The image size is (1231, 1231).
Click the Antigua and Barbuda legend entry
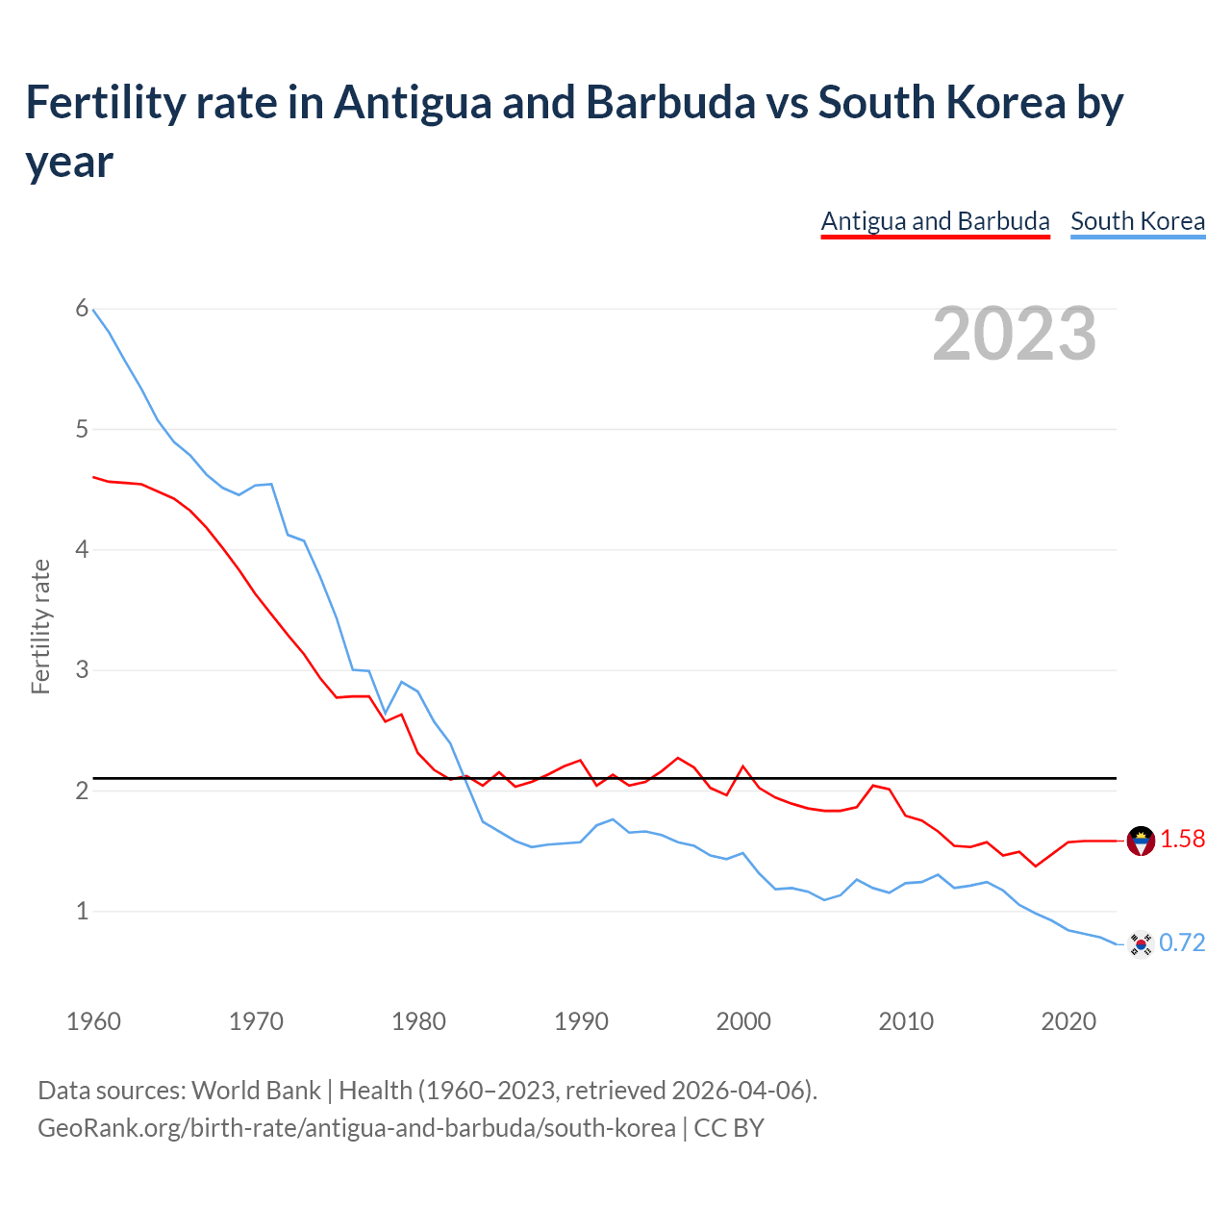[935, 221]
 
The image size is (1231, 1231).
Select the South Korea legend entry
[1138, 221]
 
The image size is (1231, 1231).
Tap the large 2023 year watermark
[1015, 334]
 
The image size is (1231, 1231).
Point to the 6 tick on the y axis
[82, 308]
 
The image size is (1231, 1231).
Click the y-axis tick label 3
[82, 669]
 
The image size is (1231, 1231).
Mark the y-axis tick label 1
[82, 911]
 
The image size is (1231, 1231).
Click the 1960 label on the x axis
[93, 1021]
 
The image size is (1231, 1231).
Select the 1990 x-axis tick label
[581, 1021]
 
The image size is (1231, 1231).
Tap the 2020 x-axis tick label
[1068, 1021]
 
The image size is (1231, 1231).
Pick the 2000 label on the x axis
[743, 1021]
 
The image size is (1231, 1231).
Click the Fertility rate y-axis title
[40, 626]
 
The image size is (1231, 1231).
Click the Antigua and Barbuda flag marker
[1141, 841]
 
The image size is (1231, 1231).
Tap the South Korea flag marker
[1141, 944]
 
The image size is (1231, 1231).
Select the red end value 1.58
[1182, 840]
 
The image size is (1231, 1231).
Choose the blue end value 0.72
[1182, 943]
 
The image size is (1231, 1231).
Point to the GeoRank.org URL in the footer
[356, 1127]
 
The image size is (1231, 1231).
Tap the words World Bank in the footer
[256, 1091]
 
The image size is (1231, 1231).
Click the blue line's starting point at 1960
[93, 310]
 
